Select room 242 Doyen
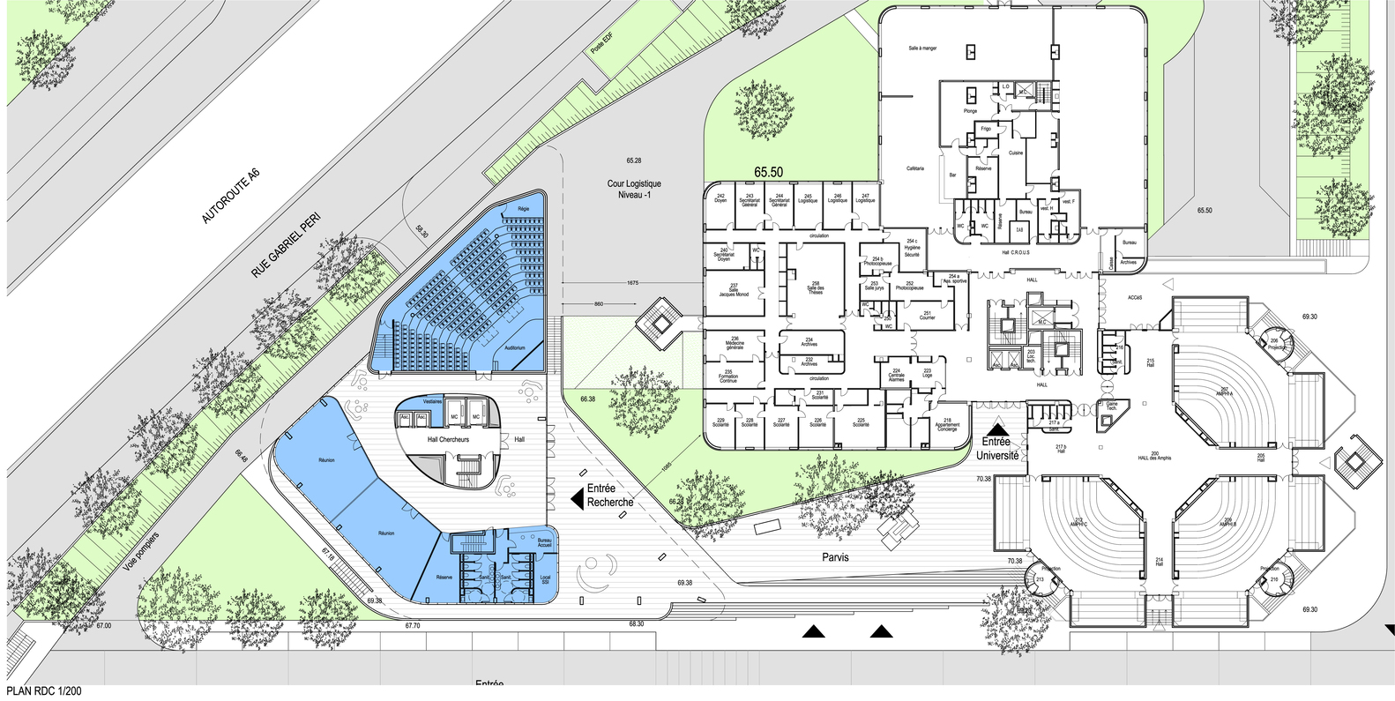[720, 198]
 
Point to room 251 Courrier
[927, 315]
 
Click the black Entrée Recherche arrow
[578, 499]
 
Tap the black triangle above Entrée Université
[996, 424]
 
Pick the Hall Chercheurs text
[446, 440]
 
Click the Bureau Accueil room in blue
[544, 544]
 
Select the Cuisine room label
[1015, 153]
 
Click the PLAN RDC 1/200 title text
[43, 691]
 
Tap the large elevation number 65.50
[768, 173]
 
